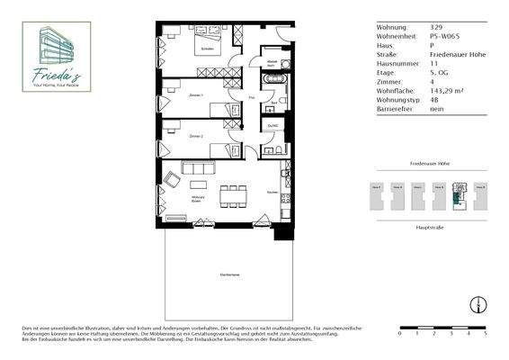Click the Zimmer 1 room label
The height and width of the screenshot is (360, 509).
pos(195,95)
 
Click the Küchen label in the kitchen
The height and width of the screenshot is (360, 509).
pos(272,192)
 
